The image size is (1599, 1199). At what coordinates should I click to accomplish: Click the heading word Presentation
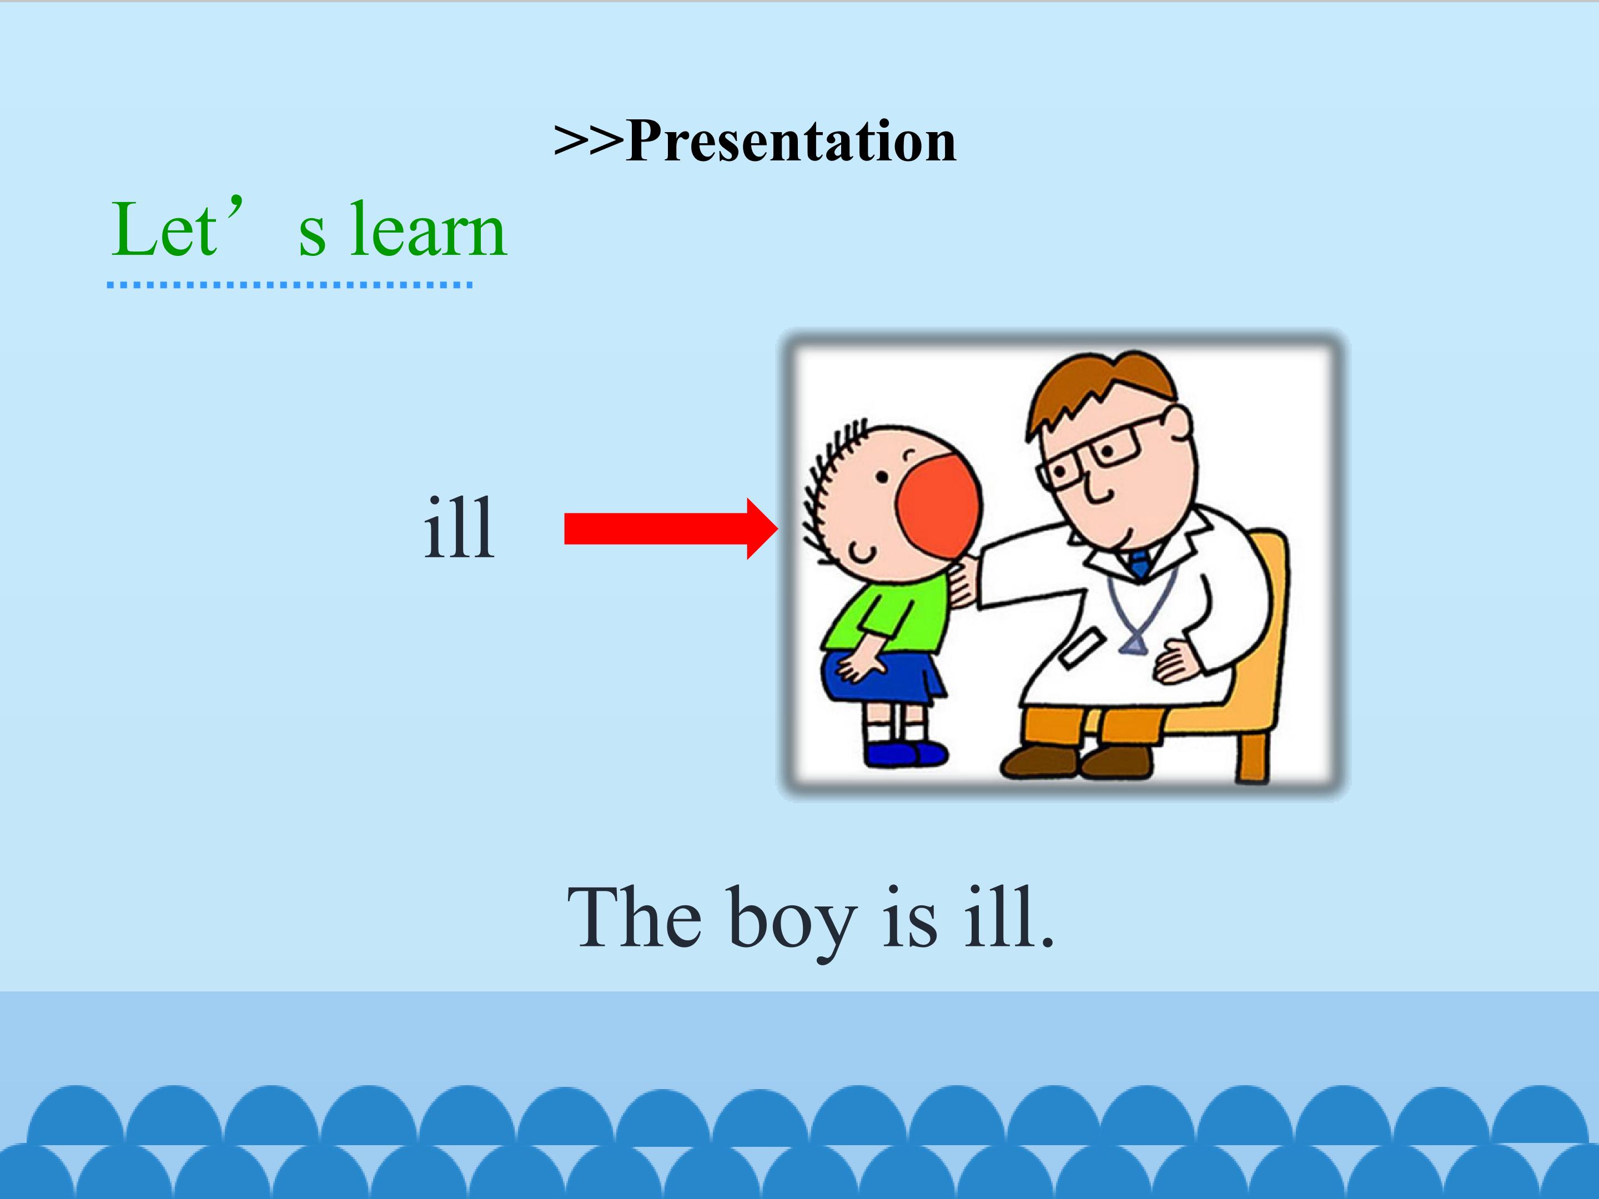[x=792, y=140]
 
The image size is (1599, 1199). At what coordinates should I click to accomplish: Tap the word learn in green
[x=428, y=229]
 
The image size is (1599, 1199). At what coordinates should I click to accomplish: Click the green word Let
[x=164, y=229]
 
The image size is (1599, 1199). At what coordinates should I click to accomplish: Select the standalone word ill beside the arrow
[x=459, y=527]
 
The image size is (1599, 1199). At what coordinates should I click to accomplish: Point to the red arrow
[x=671, y=528]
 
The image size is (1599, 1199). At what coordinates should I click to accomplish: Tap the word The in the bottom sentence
[x=634, y=916]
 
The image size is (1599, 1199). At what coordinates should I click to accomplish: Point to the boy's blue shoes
[x=906, y=754]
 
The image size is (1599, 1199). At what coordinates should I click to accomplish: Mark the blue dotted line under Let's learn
[x=290, y=285]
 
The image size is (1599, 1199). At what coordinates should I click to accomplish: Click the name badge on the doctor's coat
[x=1083, y=646]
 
